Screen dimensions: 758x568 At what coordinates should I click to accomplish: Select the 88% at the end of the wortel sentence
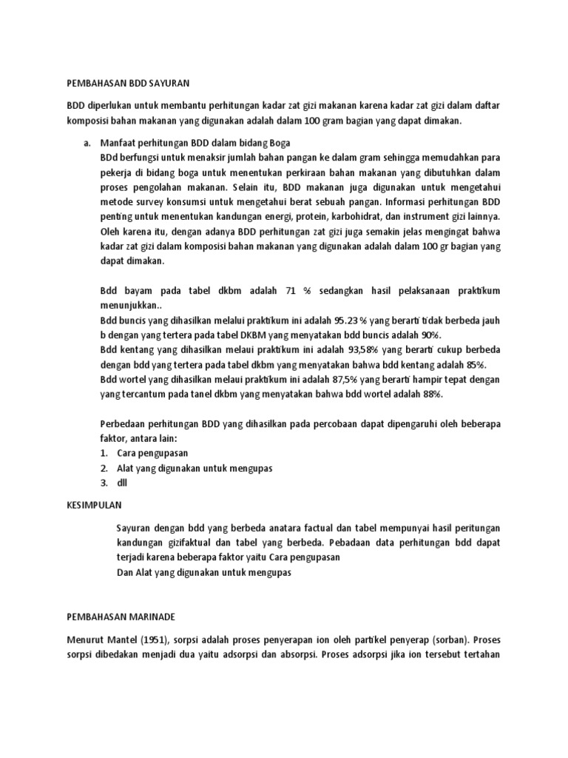pyautogui.click(x=431, y=395)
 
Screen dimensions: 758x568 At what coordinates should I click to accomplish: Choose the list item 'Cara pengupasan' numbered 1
pyautogui.click(x=152, y=453)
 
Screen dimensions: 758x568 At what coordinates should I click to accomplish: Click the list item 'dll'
pyautogui.click(x=123, y=483)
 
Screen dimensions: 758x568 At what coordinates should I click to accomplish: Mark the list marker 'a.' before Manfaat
pyautogui.click(x=86, y=143)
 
